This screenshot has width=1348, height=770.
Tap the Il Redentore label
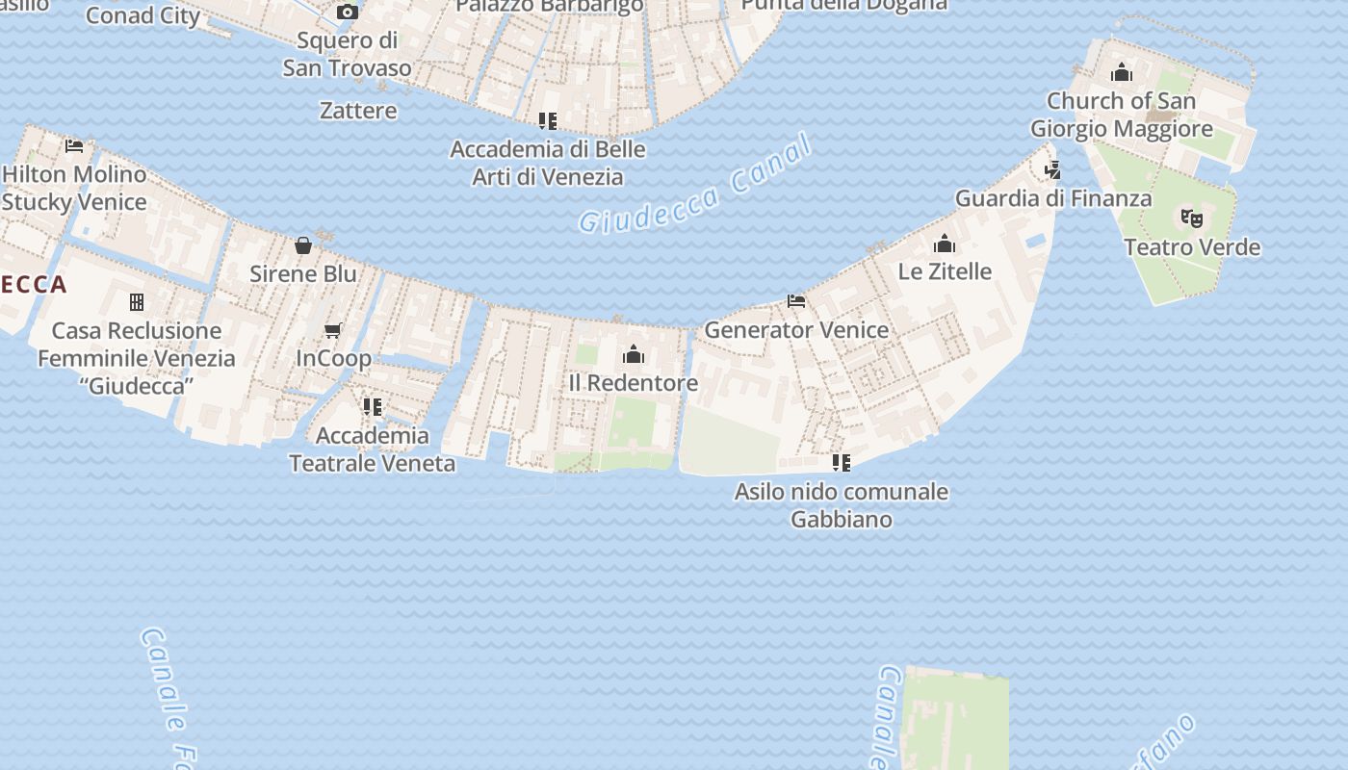pos(633,383)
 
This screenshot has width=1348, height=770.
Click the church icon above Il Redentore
pos(634,354)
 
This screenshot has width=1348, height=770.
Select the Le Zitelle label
pos(945,271)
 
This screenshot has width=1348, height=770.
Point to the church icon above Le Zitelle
pos(945,243)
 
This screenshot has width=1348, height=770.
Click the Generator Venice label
pos(796,330)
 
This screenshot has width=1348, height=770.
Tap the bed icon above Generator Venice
pos(796,301)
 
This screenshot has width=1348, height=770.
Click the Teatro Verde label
pos(1192,247)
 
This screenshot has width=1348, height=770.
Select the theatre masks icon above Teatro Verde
pos(1192,218)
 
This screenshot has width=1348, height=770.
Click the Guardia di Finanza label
pos(1053,198)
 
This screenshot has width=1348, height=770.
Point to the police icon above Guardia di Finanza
pos(1053,170)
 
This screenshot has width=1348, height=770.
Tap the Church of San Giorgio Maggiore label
pos(1121,115)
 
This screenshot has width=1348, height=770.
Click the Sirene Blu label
pos(303,273)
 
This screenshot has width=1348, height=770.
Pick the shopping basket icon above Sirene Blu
pos(303,245)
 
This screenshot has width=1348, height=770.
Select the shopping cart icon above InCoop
pos(333,331)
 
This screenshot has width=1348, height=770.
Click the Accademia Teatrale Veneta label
pos(373,449)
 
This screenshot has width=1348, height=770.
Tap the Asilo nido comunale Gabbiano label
pos(842,505)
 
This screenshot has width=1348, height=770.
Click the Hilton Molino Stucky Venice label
pos(74,189)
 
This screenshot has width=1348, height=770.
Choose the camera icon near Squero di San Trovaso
pos(348,13)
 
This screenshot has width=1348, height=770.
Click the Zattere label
pos(358,111)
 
